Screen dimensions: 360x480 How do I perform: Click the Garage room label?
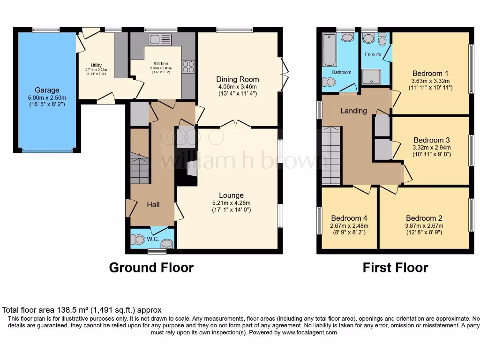47,90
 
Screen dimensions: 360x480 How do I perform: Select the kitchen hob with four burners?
188,67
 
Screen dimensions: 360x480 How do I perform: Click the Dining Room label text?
237,79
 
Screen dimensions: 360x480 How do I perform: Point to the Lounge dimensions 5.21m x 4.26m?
231,203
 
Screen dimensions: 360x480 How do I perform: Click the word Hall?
153,204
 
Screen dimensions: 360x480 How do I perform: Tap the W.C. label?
153,240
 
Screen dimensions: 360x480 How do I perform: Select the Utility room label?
96,65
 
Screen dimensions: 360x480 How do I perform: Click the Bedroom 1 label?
430,73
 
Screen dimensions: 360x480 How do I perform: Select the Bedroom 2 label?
424,218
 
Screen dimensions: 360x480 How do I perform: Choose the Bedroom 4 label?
349,218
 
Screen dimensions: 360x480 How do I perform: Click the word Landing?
354,111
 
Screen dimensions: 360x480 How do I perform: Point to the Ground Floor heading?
151,268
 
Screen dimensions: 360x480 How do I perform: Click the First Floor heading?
395,268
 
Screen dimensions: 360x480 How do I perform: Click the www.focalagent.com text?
309,332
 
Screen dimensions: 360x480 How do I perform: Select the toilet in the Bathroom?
330,82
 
